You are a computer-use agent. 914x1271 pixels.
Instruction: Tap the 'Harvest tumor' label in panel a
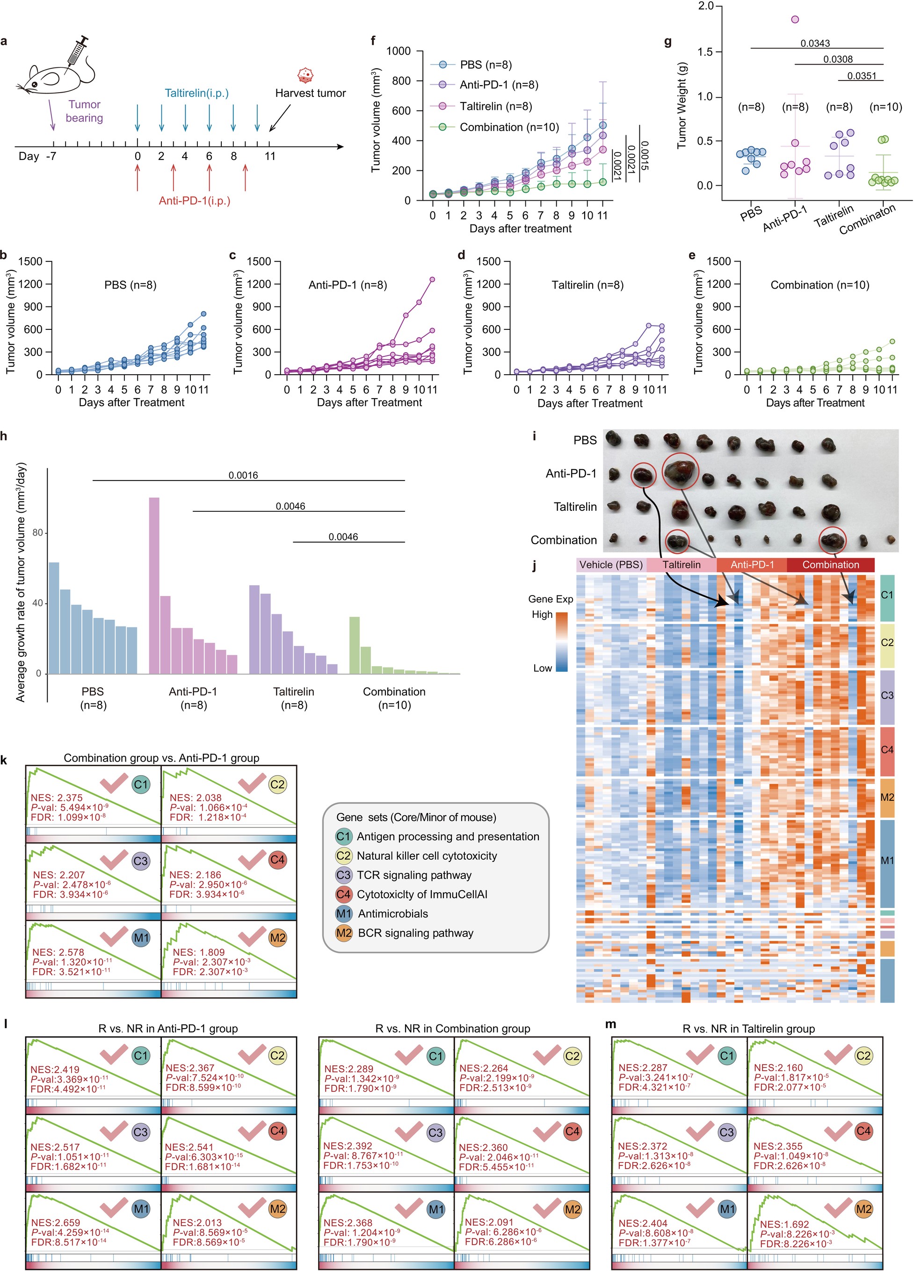tap(310, 93)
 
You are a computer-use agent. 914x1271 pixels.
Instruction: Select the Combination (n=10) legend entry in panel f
tap(509, 127)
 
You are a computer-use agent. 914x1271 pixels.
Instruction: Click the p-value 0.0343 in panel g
tap(815, 43)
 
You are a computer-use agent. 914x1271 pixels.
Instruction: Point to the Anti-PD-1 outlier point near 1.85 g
tap(795, 20)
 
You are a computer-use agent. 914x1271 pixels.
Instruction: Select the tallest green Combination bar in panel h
tap(354, 645)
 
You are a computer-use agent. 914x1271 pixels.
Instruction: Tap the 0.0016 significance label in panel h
tap(243, 475)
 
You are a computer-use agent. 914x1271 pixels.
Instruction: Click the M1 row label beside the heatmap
tap(886, 860)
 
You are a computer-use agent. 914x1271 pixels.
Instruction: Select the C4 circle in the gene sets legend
tap(343, 894)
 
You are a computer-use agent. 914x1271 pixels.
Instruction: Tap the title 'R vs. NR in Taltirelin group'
tap(748, 1028)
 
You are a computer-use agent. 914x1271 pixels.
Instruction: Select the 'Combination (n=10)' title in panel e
tap(820, 285)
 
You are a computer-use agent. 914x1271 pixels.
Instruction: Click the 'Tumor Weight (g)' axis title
tap(682, 106)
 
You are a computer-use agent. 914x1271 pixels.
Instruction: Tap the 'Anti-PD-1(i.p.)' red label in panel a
tap(195, 201)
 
